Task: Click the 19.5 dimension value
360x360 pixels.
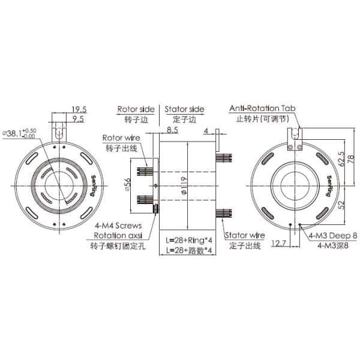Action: click(79, 109)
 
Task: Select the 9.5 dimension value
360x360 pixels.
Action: click(78, 119)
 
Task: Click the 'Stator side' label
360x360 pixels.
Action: click(184, 109)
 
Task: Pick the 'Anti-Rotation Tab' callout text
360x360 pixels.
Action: click(263, 109)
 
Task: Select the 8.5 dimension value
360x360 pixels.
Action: click(172, 129)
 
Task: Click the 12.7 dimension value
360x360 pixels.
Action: click(278, 243)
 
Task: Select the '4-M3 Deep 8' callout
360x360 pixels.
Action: click(333, 237)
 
